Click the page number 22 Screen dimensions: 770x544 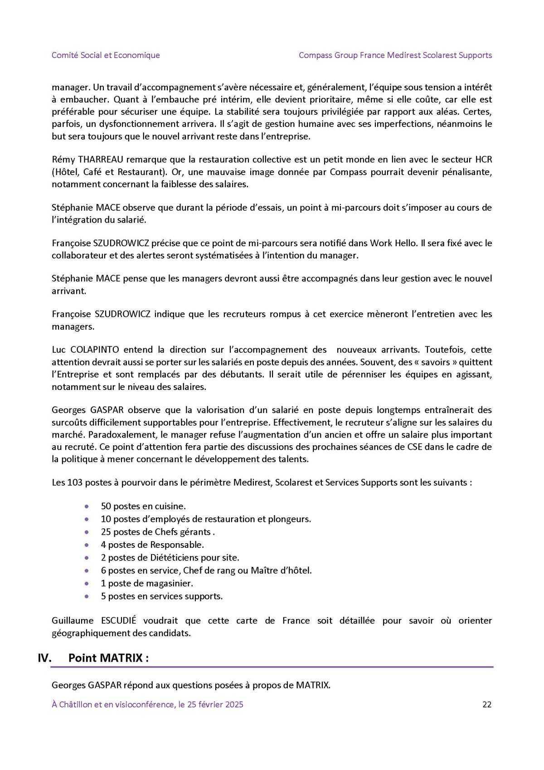pyautogui.click(x=487, y=704)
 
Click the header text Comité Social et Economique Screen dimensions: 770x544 pyautogui.click(x=106, y=55)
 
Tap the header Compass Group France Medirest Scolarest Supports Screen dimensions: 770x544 pyautogui.click(x=395, y=55)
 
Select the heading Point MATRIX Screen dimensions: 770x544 pyautogui.click(x=108, y=658)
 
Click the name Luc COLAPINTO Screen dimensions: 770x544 pyautogui.click(x=85, y=350)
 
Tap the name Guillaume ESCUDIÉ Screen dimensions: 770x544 pyautogui.click(x=94, y=620)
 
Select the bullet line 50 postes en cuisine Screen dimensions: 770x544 pyautogui.click(x=143, y=506)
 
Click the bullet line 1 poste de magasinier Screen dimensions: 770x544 pyautogui.click(x=147, y=583)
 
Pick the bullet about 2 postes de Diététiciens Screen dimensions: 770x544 pyautogui.click(x=170, y=557)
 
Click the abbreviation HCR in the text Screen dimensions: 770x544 pyautogui.click(x=483, y=160)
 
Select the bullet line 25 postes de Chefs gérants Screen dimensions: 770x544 pyautogui.click(x=157, y=532)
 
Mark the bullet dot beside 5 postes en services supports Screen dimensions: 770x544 pyautogui.click(x=87, y=596)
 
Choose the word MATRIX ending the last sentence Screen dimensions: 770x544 pyautogui.click(x=312, y=685)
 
